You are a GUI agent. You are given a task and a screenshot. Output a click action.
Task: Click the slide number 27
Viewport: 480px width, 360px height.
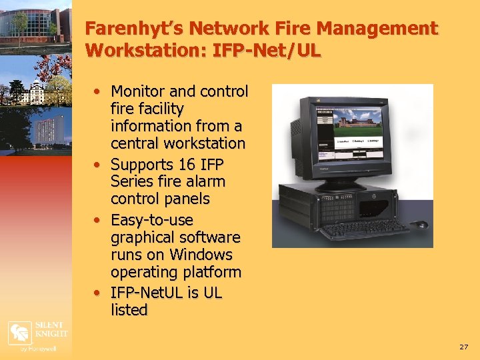point(464,347)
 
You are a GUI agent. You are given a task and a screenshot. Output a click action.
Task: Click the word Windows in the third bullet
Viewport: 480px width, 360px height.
point(201,255)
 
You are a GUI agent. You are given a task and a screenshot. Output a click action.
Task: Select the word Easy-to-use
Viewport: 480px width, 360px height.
point(152,220)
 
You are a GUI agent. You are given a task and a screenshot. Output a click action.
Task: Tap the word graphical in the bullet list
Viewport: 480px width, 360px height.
point(141,237)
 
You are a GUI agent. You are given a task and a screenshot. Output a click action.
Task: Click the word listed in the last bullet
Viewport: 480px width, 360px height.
point(129,310)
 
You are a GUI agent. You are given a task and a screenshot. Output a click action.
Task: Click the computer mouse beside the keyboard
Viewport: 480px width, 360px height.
point(421,225)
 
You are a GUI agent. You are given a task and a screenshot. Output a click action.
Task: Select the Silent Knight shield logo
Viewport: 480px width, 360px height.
point(19,331)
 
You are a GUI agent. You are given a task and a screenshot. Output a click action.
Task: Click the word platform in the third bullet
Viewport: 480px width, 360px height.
point(214,272)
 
